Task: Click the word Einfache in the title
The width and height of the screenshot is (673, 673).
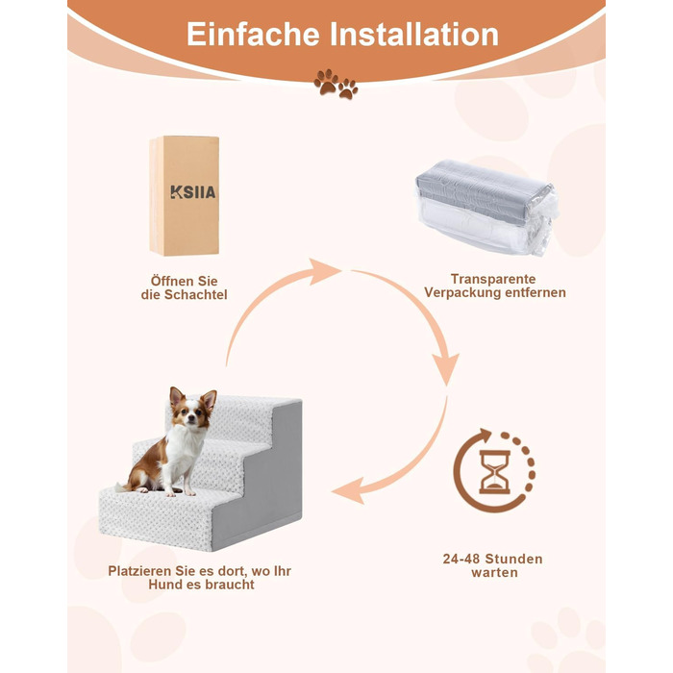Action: click(253, 35)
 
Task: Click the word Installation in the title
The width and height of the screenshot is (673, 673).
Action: click(414, 35)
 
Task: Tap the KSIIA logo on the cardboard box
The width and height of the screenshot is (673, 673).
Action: click(192, 192)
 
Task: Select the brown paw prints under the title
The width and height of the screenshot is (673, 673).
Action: click(336, 84)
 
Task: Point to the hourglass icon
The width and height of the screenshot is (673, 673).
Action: click(494, 472)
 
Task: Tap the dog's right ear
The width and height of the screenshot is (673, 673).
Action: click(210, 400)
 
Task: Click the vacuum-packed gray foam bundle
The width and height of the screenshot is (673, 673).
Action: click(487, 207)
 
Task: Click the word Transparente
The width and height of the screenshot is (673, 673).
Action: click(493, 279)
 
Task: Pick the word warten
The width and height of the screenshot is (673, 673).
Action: click(494, 573)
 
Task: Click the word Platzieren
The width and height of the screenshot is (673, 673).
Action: click(140, 571)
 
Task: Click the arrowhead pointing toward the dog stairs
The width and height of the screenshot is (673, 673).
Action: click(348, 490)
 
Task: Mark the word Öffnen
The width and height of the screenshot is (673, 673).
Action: click(173, 281)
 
